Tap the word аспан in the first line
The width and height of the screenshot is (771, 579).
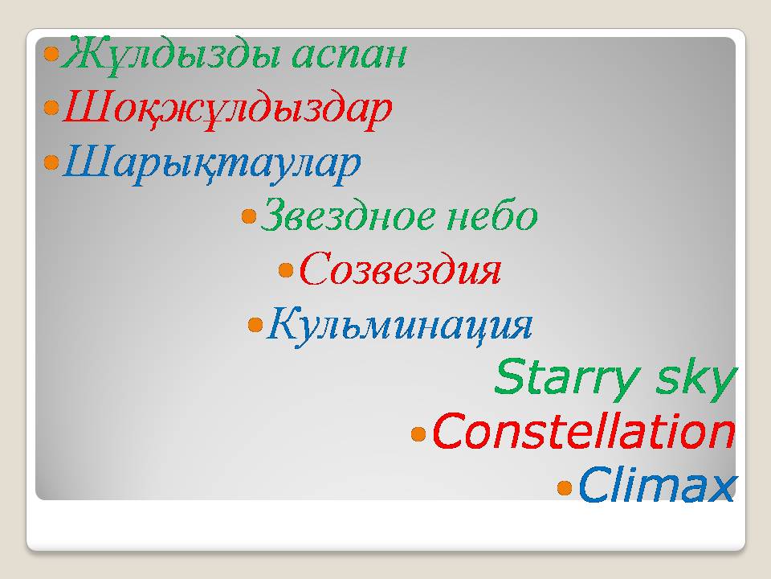click(x=349, y=55)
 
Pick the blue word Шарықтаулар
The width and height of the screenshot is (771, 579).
click(x=212, y=164)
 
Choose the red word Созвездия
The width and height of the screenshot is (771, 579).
click(x=400, y=269)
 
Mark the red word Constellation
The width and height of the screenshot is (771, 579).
click(x=584, y=432)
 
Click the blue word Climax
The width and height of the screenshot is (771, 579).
click(x=657, y=484)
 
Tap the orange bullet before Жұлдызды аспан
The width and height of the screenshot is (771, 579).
click(x=51, y=53)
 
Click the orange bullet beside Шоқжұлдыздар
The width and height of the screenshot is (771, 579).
click(x=51, y=107)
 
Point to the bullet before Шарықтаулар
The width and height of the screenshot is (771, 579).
click(x=51, y=162)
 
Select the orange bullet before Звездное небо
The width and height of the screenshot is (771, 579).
click(x=249, y=216)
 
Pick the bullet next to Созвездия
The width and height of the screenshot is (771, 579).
click(x=286, y=270)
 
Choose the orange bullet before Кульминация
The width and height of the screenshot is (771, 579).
click(x=255, y=324)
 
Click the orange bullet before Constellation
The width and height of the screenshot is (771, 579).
click(x=418, y=433)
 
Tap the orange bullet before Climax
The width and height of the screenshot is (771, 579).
click(x=565, y=488)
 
